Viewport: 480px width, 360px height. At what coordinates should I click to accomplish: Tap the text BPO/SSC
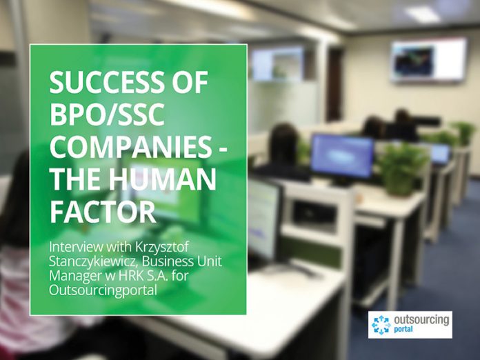pos(106,114)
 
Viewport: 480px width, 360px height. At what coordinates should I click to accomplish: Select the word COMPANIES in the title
pos(130,147)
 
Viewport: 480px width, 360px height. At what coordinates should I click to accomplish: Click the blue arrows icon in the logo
pos(381,325)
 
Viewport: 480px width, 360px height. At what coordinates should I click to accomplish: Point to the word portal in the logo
pos(403,330)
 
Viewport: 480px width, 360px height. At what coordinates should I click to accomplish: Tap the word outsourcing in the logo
pos(421,320)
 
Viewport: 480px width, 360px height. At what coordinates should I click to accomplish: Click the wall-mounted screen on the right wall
pos(429,60)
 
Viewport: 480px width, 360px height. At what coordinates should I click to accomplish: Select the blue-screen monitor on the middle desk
pos(342,157)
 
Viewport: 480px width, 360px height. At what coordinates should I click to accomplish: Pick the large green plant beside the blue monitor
pos(400,169)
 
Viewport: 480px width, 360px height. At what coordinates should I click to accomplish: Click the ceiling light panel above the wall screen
pos(423,14)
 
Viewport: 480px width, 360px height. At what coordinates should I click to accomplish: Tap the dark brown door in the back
pos(334,84)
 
